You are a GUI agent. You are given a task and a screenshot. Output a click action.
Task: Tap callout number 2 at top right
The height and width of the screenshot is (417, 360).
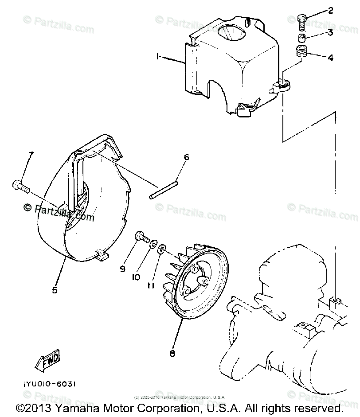click(330, 11)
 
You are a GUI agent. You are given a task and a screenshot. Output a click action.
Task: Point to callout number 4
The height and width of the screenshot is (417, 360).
click(330, 58)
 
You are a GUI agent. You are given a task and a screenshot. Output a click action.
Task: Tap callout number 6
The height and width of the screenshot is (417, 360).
click(187, 157)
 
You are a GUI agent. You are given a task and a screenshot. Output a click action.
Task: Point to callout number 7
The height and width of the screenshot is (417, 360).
click(30, 155)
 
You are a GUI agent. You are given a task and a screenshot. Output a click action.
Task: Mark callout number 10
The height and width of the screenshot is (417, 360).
click(136, 277)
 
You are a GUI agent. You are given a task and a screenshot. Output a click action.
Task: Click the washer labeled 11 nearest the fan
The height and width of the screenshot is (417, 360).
click(162, 247)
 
